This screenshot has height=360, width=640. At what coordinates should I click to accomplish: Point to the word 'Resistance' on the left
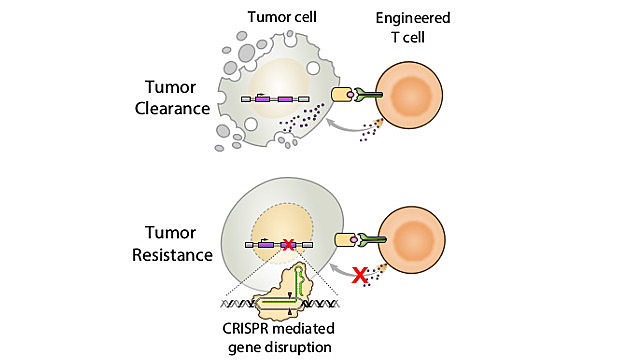point(172,255)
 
